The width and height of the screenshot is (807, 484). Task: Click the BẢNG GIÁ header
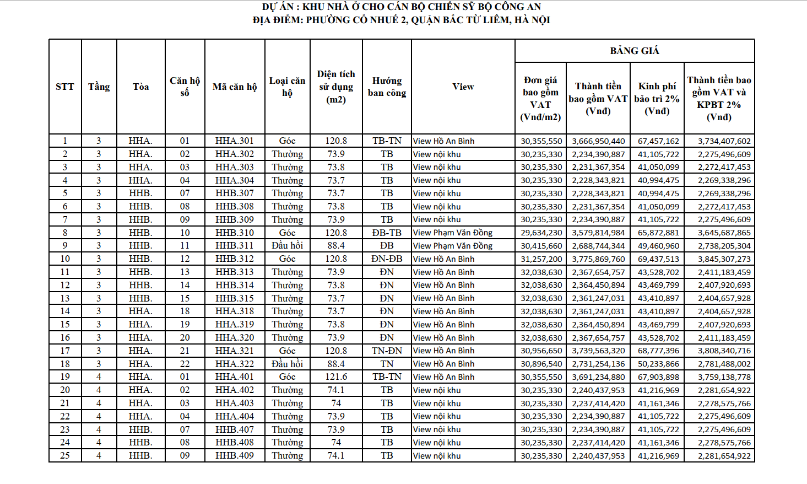coord(634,51)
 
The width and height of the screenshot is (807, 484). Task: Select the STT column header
coord(65,87)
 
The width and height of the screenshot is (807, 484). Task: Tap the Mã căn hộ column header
coord(235,87)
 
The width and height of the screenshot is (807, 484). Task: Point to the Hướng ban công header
coord(387,87)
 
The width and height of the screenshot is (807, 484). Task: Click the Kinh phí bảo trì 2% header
coord(657,98)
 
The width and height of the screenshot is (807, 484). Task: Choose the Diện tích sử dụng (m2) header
coord(336,87)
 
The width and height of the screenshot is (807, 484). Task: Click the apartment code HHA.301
coord(235,141)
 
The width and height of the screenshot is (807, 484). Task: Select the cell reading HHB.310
coord(235,233)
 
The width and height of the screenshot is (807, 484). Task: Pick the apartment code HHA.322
coord(235,364)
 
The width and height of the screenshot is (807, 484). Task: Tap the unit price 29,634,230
coord(541,233)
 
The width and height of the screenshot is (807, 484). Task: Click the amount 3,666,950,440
coord(598,141)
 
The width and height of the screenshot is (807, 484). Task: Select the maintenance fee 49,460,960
coord(658,246)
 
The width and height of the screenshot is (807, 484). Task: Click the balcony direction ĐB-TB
coord(387,233)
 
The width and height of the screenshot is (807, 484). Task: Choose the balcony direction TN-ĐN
coord(387,351)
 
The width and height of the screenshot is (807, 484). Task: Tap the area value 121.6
coord(336,377)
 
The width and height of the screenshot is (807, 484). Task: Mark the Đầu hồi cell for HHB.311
coord(287,246)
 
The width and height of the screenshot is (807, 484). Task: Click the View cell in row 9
coord(453,246)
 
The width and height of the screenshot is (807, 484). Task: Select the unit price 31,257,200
coord(541,259)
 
